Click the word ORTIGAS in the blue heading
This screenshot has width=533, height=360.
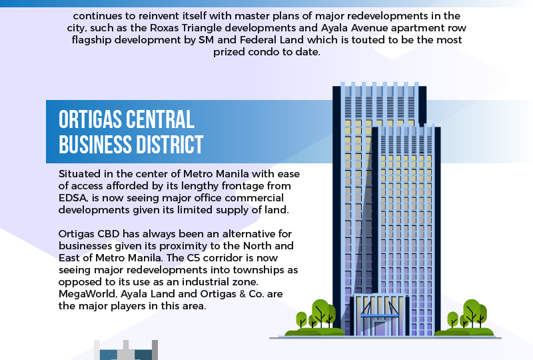pyautogui.click(x=90, y=119)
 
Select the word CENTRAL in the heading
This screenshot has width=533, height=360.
pyautogui.click(x=160, y=119)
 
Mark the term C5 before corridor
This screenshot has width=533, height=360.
pyautogui.click(x=194, y=258)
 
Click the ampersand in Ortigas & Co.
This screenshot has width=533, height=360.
pyautogui.click(x=243, y=294)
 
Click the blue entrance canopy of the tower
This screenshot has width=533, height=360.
pyautogui.click(x=379, y=316)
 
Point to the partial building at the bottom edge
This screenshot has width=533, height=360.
pyautogui.click(x=126, y=350)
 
